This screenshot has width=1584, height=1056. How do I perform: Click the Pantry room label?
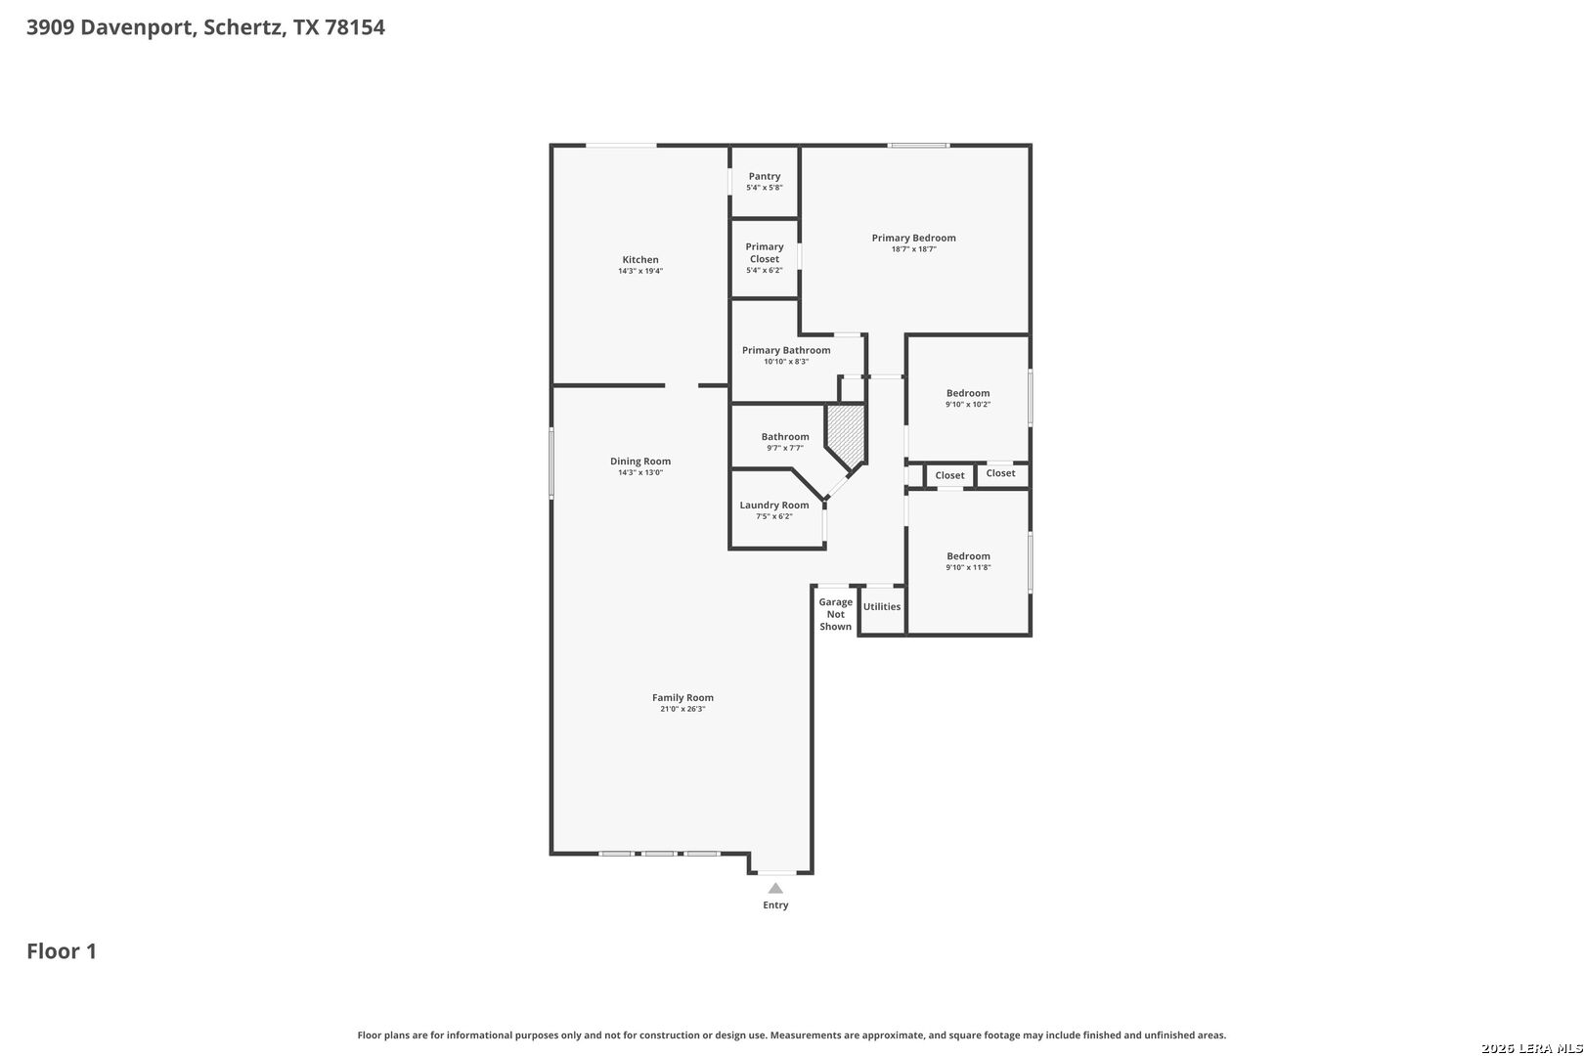tap(765, 176)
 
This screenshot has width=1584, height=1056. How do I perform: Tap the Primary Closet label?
tap(765, 252)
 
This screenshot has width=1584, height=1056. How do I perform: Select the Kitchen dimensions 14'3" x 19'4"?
tap(640, 271)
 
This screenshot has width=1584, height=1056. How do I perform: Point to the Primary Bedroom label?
tap(913, 238)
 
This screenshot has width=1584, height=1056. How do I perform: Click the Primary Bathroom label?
tap(785, 350)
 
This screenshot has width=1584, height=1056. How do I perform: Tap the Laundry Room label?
tap(774, 505)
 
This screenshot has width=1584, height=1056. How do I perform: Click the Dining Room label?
tap(640, 462)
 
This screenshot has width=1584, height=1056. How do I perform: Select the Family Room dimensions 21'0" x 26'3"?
tap(682, 709)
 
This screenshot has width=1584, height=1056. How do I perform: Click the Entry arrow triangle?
tap(775, 889)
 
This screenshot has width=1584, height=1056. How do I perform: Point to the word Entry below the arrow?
tap(775, 905)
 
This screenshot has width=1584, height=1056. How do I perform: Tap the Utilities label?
tap(882, 607)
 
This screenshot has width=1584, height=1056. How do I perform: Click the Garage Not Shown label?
tap(836, 614)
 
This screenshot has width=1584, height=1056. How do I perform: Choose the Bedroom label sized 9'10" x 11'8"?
tap(968, 556)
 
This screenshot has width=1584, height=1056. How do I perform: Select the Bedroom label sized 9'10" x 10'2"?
tap(968, 393)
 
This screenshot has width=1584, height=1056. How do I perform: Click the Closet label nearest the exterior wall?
tap(1000, 473)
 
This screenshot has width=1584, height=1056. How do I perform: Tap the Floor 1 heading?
tap(62, 951)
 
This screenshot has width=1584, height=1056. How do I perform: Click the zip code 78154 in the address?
tap(355, 27)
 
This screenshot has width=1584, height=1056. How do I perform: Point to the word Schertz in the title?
tap(244, 27)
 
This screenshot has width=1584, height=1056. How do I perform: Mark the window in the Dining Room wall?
tap(551, 462)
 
